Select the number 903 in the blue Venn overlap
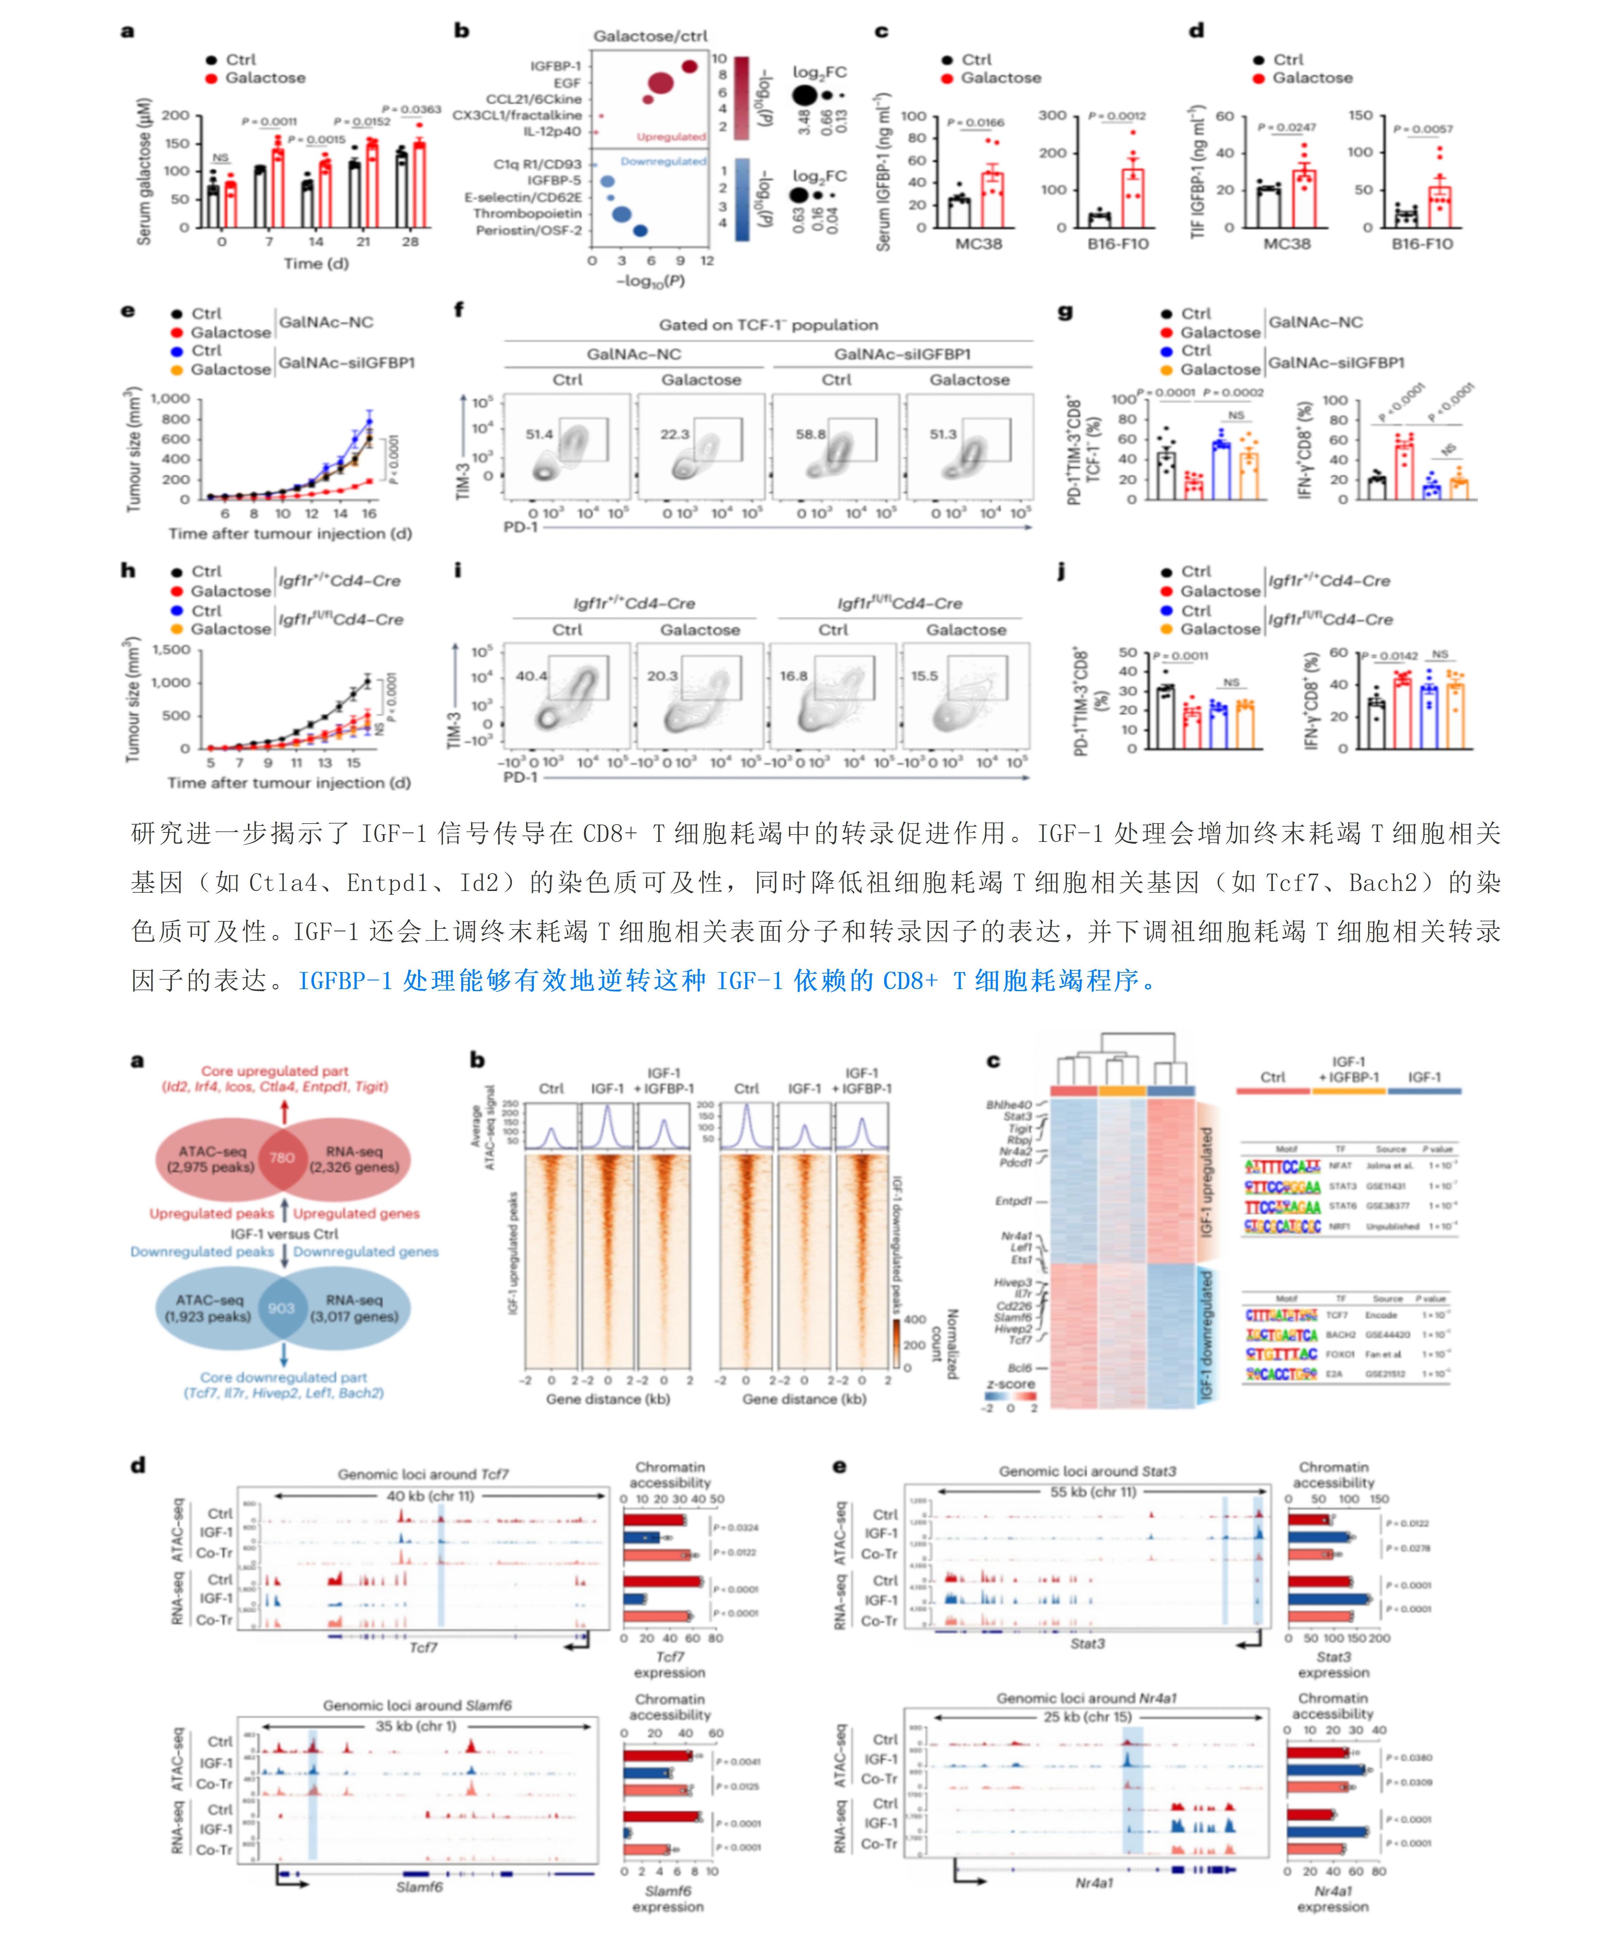[281, 1308]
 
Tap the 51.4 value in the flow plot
[540, 433]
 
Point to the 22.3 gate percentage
[674, 433]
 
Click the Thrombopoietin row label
[528, 213]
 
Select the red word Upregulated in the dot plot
[670, 137]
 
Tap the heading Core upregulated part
[275, 1071]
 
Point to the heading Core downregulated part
[283, 1377]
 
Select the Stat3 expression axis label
[1334, 1664]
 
